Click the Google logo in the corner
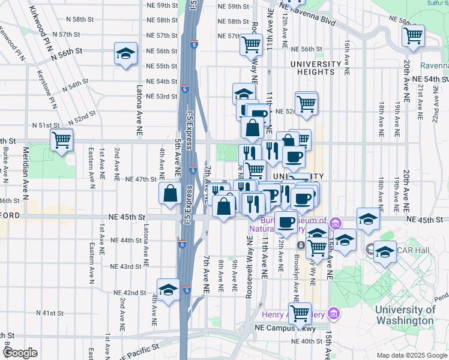click(20, 353)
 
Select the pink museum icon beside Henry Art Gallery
click(334, 314)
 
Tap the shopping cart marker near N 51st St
click(62, 140)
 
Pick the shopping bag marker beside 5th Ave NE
click(170, 193)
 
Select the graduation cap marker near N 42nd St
click(169, 290)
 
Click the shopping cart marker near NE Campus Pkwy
click(299, 313)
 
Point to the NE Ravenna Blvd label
click(310, 12)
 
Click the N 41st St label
click(49, 313)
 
